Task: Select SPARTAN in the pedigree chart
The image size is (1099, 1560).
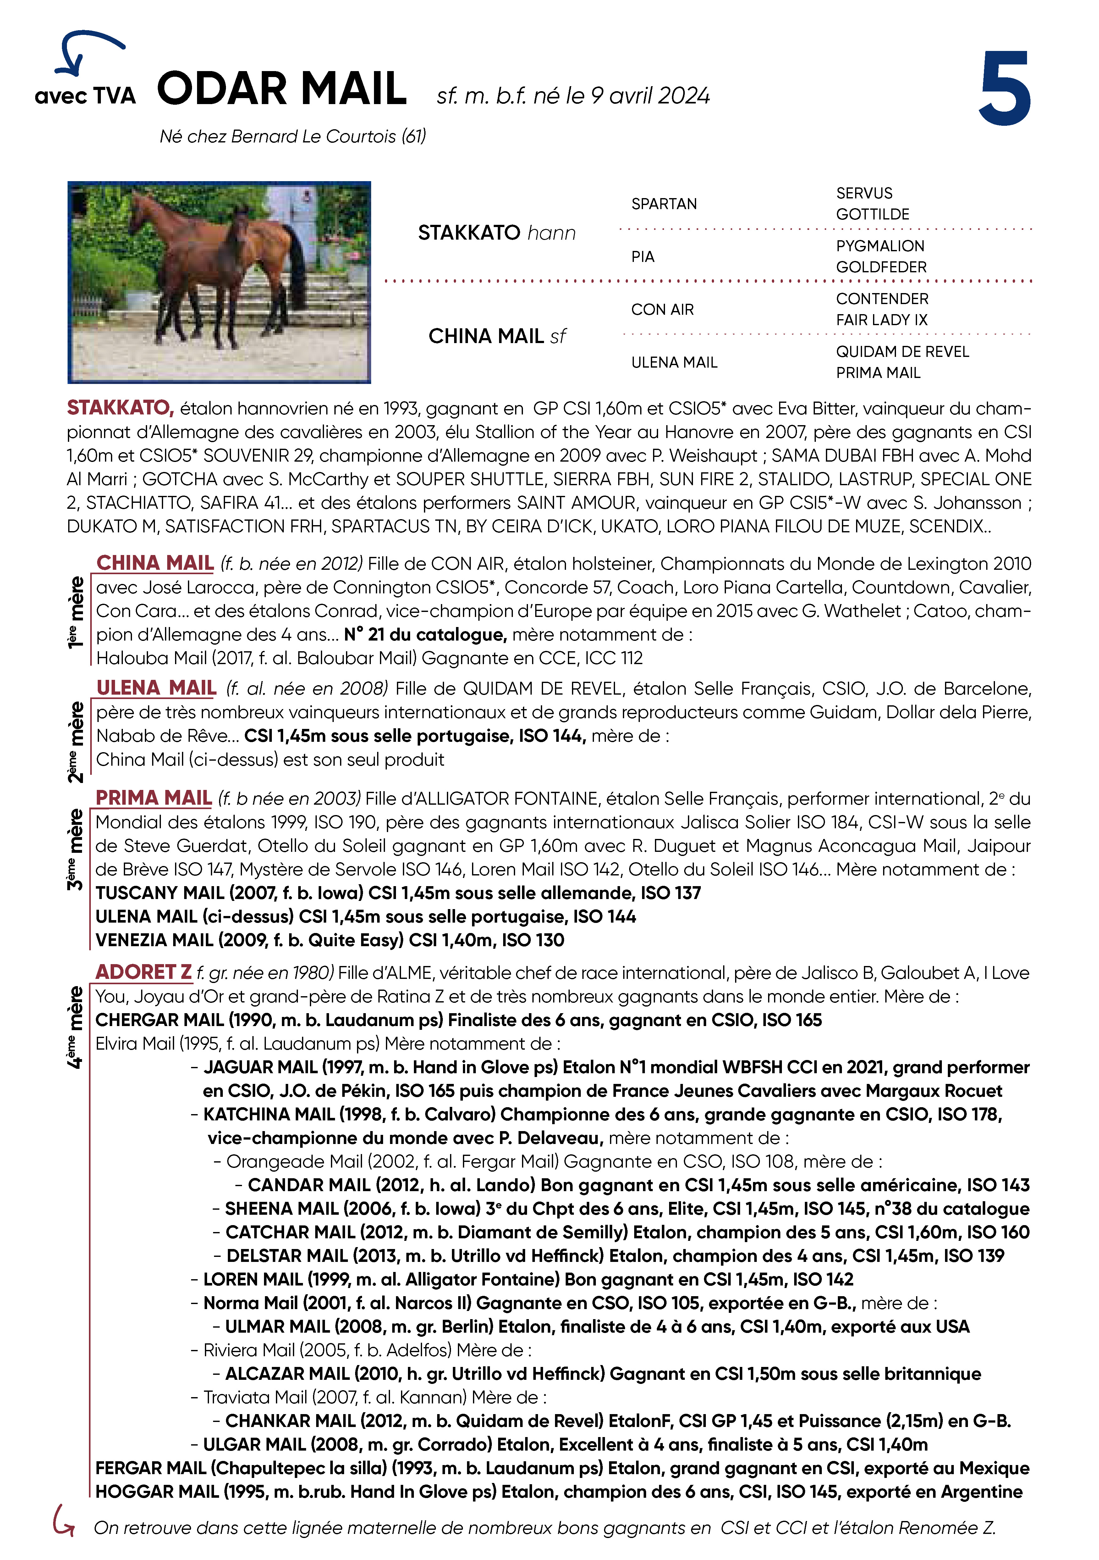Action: click(x=664, y=204)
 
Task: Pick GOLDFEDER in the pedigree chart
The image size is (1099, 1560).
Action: click(x=881, y=267)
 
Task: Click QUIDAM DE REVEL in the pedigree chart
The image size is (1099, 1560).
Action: click(x=902, y=351)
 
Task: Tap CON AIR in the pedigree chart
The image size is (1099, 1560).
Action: click(x=662, y=310)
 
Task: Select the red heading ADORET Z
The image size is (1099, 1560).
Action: click(x=143, y=972)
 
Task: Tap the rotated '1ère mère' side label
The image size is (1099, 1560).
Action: click(x=76, y=612)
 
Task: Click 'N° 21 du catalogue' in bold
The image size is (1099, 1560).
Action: click(x=425, y=635)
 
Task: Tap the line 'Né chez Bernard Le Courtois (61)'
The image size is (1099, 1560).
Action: click(x=293, y=136)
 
